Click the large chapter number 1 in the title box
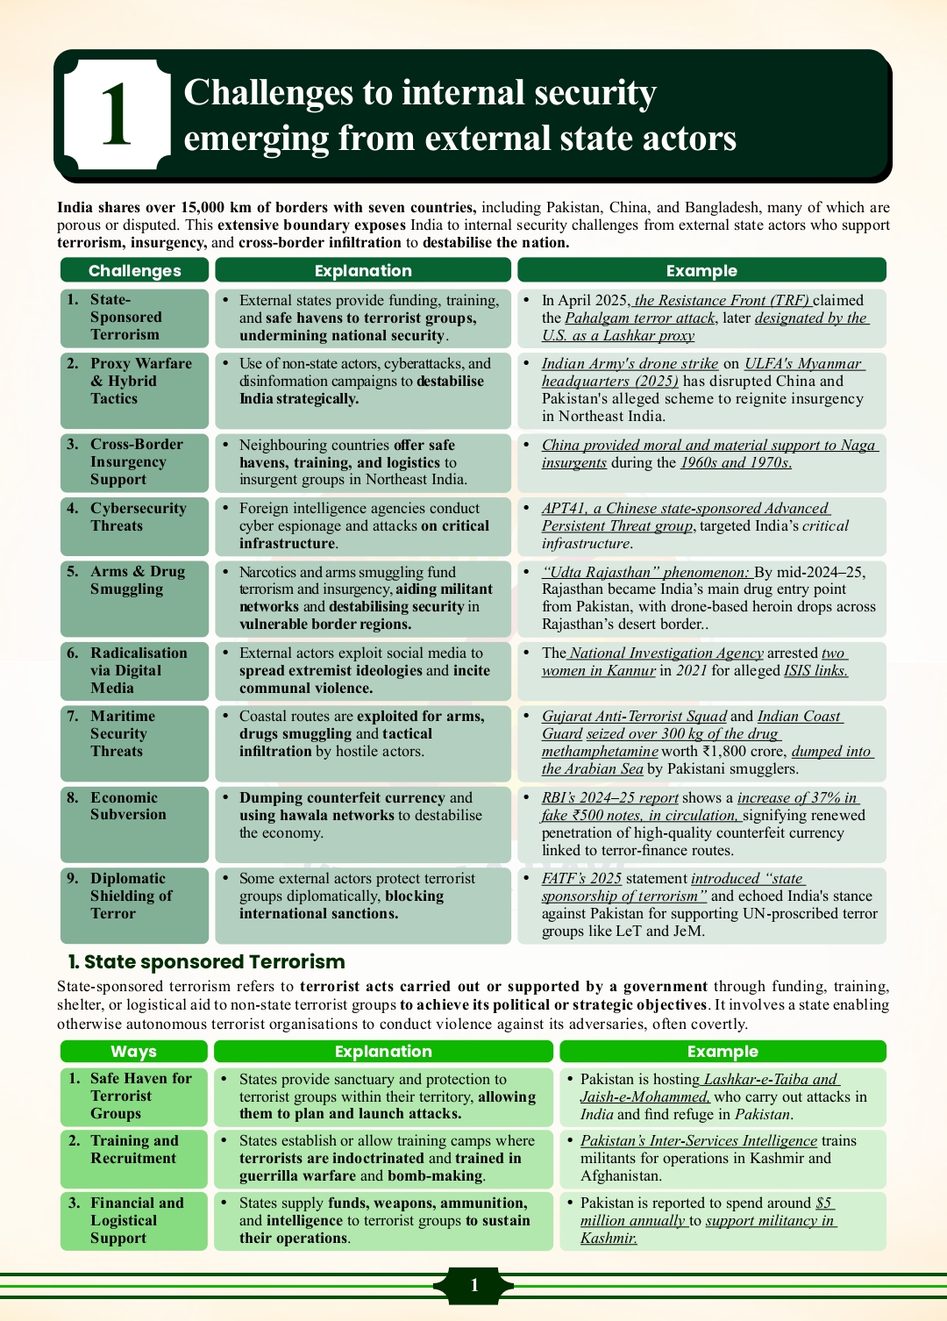click(x=116, y=114)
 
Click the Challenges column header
click(x=134, y=270)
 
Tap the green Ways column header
click(x=133, y=1051)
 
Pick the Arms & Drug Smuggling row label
click(x=137, y=580)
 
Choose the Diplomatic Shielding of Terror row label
click(x=131, y=896)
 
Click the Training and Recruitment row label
click(x=133, y=1149)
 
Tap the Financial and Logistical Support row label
click(x=136, y=1220)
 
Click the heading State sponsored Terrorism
click(x=207, y=961)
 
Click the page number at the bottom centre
click(x=473, y=1285)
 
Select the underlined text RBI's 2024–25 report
click(x=609, y=797)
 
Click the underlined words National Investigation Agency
click(x=666, y=653)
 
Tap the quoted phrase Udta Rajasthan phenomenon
click(x=645, y=572)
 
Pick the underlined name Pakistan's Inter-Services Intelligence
click(x=698, y=1140)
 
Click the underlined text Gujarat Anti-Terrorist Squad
click(x=634, y=716)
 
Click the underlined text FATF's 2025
click(x=581, y=878)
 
